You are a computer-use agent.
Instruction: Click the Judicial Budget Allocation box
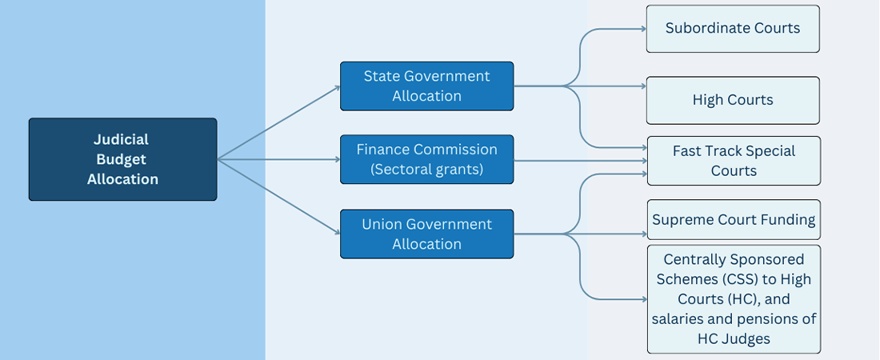tap(123, 159)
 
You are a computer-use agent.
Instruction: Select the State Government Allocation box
tap(426, 86)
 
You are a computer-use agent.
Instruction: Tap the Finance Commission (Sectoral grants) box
tap(426, 159)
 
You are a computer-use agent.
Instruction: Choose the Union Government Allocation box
tap(426, 234)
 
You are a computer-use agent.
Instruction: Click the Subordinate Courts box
tap(733, 29)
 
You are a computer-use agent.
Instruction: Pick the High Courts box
tap(733, 100)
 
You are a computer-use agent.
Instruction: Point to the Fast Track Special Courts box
tap(734, 161)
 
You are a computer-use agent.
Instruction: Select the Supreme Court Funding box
tap(734, 219)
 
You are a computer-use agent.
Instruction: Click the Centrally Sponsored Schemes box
tap(734, 298)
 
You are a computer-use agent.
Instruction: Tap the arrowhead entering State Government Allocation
tap(338, 86)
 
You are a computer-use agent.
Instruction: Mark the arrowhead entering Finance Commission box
tap(338, 159)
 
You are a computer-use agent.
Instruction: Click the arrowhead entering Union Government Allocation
tap(338, 233)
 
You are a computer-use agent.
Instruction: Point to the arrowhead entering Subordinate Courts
tap(644, 29)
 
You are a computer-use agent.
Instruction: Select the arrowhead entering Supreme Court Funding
tap(644, 234)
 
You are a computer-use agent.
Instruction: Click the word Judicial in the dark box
tap(122, 139)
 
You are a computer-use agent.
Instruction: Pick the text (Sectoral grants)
tap(426, 169)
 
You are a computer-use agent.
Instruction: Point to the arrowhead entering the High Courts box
tap(644, 86)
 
